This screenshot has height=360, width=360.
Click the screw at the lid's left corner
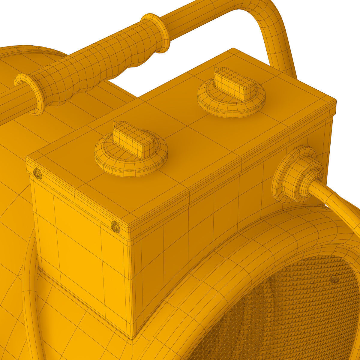pos(37,173)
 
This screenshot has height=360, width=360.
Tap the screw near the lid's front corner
pos(115,226)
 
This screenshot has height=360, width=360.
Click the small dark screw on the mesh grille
pos(334,280)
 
